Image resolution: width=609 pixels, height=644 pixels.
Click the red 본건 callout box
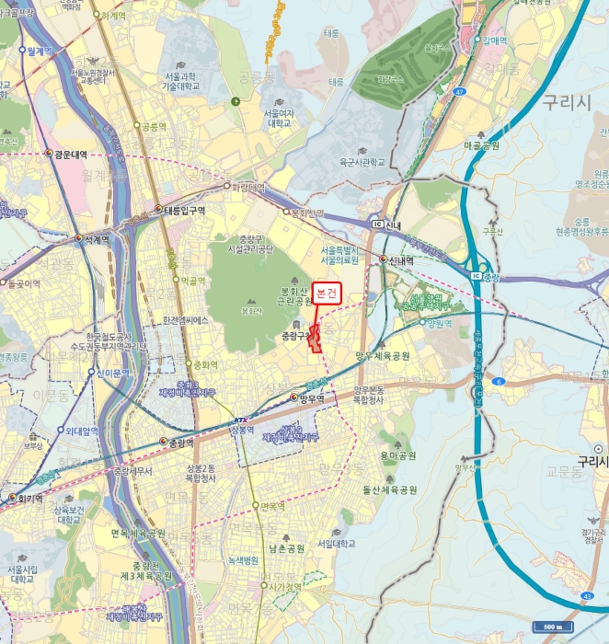pos(327,293)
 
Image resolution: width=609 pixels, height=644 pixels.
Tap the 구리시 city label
pos(566,102)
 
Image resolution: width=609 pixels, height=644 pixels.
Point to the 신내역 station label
pos(402,259)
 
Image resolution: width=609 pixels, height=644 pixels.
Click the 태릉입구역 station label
pos(184,210)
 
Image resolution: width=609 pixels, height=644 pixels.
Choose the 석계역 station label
pos(96,238)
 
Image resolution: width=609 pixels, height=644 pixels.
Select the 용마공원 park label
pos(397,455)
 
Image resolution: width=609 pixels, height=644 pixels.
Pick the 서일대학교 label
pos(336,543)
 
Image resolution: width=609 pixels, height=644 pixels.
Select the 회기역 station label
pos(30,498)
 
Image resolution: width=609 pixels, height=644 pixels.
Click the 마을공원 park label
pos(481,145)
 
